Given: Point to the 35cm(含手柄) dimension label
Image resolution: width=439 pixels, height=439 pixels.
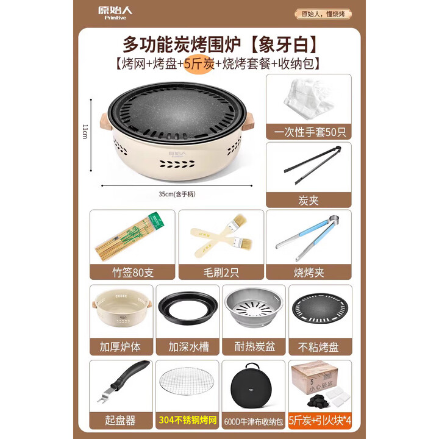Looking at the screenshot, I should (177, 195).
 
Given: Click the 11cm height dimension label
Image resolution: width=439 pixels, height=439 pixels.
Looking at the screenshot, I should (85, 130).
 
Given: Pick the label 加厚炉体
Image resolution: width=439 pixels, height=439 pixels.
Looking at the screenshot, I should (120, 347).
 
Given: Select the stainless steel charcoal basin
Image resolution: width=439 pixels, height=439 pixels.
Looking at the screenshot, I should (252, 311).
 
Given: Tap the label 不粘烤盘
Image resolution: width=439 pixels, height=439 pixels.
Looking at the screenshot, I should (319, 347).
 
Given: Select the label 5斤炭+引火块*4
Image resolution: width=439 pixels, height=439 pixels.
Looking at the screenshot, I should (319, 420).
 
